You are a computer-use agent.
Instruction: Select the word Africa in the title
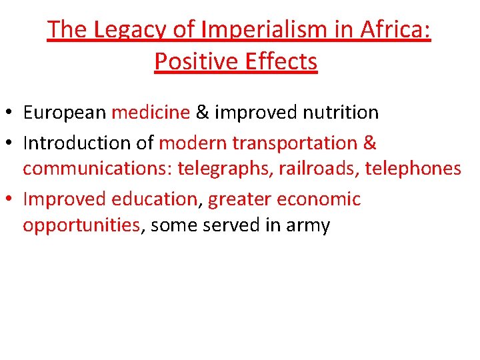click(395, 30)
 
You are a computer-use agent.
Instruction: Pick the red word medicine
click(151, 113)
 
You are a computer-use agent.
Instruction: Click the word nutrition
click(341, 113)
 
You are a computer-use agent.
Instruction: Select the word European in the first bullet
click(65, 113)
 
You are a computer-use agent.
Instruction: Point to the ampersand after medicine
click(202, 113)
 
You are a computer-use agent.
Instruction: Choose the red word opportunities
click(81, 226)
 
